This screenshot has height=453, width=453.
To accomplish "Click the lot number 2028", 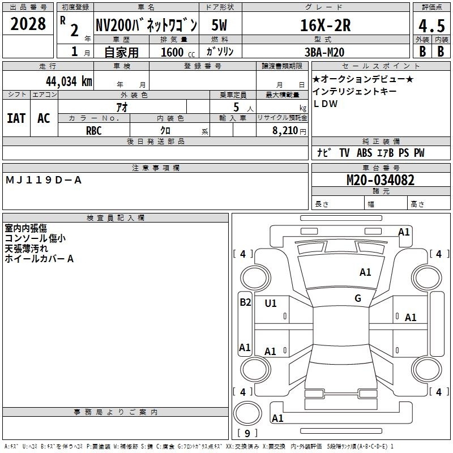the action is (x=28, y=24).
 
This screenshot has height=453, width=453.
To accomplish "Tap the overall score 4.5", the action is (x=431, y=25).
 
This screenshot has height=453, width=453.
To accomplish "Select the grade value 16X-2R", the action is (x=326, y=25).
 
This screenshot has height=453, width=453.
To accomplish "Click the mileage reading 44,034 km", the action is (x=69, y=81).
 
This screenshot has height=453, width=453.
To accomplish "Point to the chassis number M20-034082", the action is (x=380, y=180).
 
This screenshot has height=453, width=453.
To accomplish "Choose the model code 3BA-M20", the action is (x=324, y=52).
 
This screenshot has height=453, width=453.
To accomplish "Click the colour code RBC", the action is (x=94, y=131).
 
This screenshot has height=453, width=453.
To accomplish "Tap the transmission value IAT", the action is (x=16, y=118).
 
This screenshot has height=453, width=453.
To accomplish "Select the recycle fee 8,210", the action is (x=285, y=131).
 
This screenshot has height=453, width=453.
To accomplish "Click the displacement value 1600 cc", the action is (x=178, y=52).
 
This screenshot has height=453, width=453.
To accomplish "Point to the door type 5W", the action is (x=219, y=25).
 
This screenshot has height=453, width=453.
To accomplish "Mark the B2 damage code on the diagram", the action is (x=245, y=302).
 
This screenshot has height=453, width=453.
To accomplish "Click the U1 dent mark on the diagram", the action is (x=271, y=304).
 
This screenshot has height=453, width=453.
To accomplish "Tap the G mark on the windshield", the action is (x=358, y=298).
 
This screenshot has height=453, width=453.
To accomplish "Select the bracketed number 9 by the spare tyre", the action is (x=247, y=433).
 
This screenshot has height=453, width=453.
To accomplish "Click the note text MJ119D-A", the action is (x=44, y=180).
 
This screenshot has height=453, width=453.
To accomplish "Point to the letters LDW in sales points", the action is (x=325, y=104).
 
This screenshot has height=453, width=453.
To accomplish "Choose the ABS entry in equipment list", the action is (x=364, y=152).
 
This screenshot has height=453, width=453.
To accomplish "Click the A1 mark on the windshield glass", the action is (x=365, y=272).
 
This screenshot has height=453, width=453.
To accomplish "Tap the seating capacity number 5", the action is (x=236, y=107).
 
